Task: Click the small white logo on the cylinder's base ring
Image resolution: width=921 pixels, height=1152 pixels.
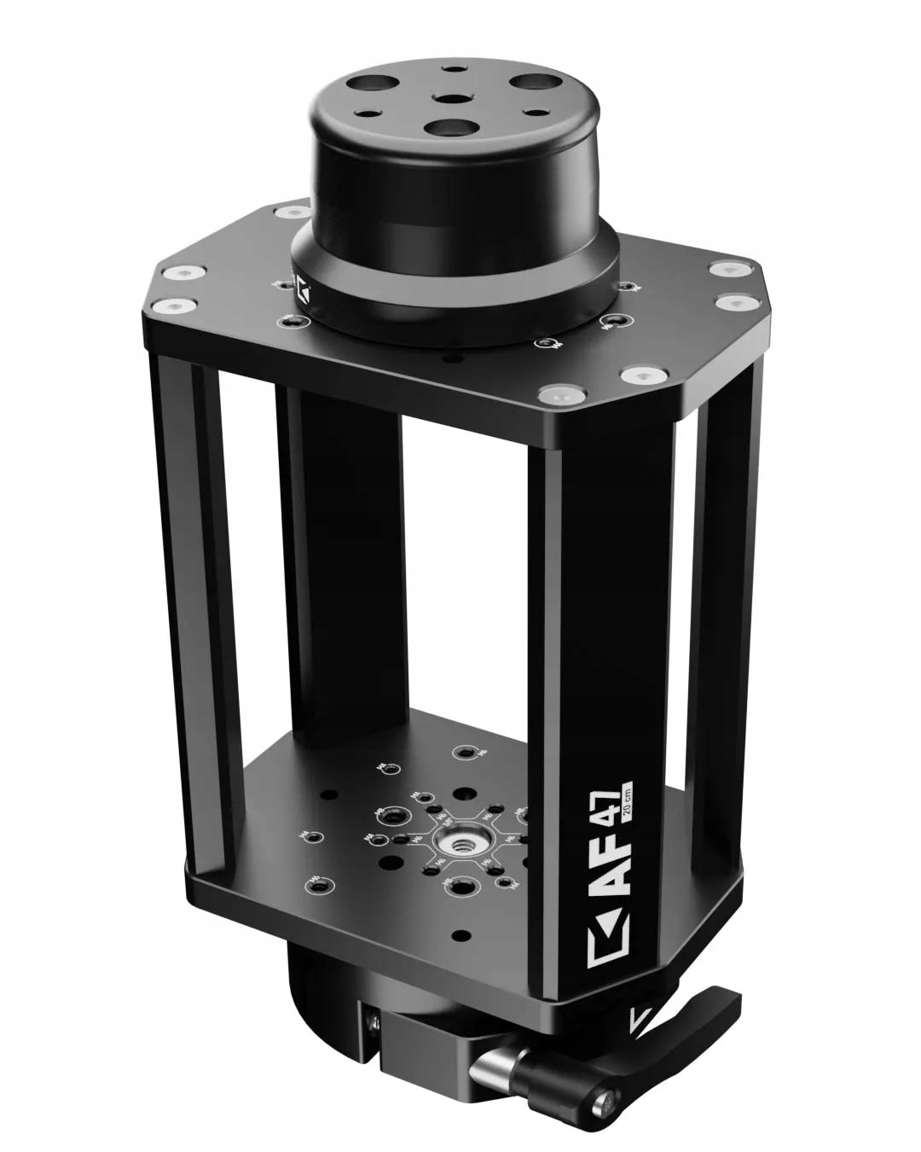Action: click(304, 290)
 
